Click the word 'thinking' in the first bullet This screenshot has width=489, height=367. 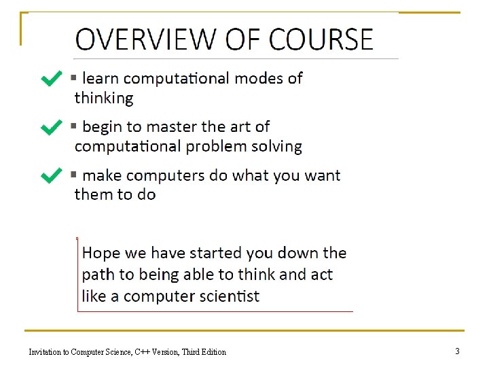[x=104, y=98]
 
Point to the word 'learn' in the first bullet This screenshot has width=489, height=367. [x=101, y=78]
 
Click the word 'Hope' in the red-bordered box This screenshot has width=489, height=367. [x=101, y=254]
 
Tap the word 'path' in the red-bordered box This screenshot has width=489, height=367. [x=97, y=275]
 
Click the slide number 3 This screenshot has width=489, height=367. [x=457, y=351]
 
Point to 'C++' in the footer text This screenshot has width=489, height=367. [x=142, y=352]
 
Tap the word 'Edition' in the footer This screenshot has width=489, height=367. [x=213, y=352]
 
